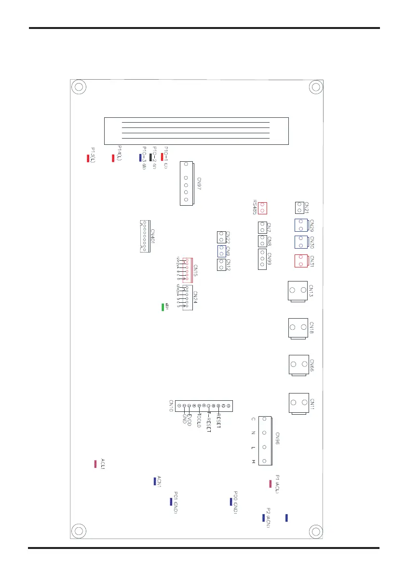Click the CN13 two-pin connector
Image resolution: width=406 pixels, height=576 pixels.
pyautogui.click(x=297, y=291)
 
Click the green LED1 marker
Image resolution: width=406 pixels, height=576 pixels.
pyautogui.click(x=163, y=307)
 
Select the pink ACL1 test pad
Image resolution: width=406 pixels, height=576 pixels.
pyautogui.click(x=95, y=464)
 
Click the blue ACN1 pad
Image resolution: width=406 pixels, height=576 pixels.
pyautogui.click(x=154, y=481)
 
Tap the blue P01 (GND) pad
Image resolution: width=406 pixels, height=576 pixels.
pyautogui.click(x=171, y=502)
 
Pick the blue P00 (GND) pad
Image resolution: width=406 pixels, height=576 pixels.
pyautogui.click(x=231, y=502)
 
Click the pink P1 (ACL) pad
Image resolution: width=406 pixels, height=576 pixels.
pyautogui.click(x=271, y=483)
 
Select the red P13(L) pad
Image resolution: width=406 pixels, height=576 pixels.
pyautogui.click(x=88, y=158)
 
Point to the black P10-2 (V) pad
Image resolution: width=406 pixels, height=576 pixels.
pyautogui.click(x=151, y=157)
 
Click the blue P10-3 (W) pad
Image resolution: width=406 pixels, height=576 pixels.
pyautogui.click(x=140, y=157)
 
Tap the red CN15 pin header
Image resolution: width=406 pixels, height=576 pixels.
pyautogui.click(x=185, y=270)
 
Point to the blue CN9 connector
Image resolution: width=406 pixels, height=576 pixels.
pyautogui.click(x=221, y=251)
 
